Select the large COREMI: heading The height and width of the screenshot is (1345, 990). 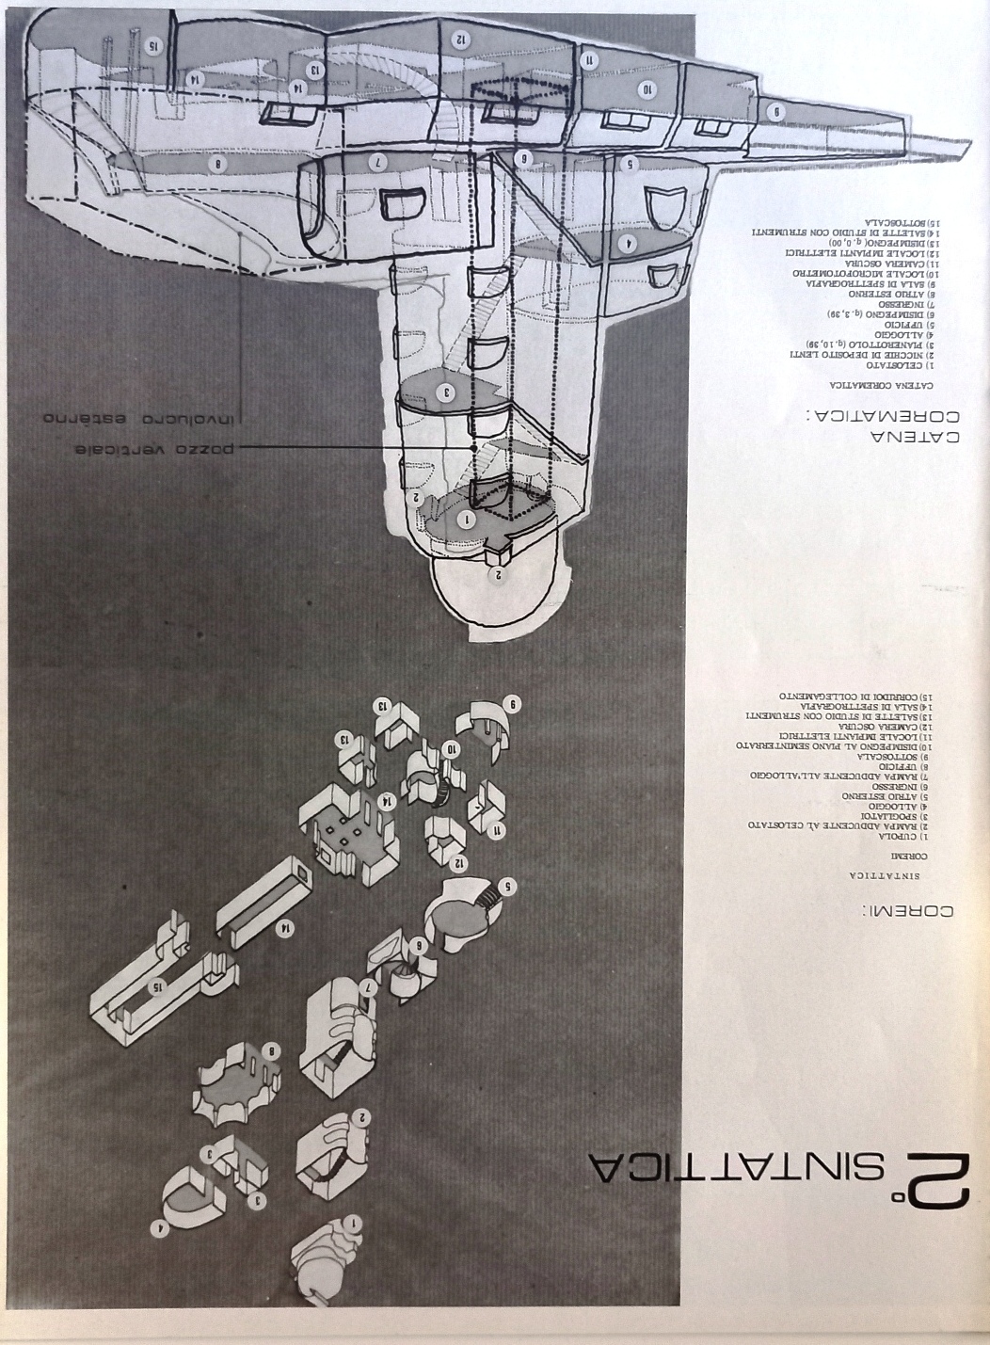click(x=909, y=910)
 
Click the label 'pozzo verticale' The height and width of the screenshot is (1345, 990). click(x=155, y=449)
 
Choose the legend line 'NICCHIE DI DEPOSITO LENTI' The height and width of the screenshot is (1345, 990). click(x=865, y=354)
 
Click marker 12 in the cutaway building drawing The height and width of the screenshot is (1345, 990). click(x=460, y=40)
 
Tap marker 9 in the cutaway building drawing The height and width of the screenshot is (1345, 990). click(x=776, y=111)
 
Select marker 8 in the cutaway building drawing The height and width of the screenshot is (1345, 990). click(x=219, y=164)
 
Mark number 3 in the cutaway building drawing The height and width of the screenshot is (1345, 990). click(x=446, y=393)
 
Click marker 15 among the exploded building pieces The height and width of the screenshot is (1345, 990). click(x=160, y=985)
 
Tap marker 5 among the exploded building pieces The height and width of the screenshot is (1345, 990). click(x=507, y=886)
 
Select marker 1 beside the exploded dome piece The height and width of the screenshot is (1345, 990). click(x=353, y=1225)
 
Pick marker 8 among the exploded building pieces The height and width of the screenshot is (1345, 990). click(x=271, y=1051)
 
